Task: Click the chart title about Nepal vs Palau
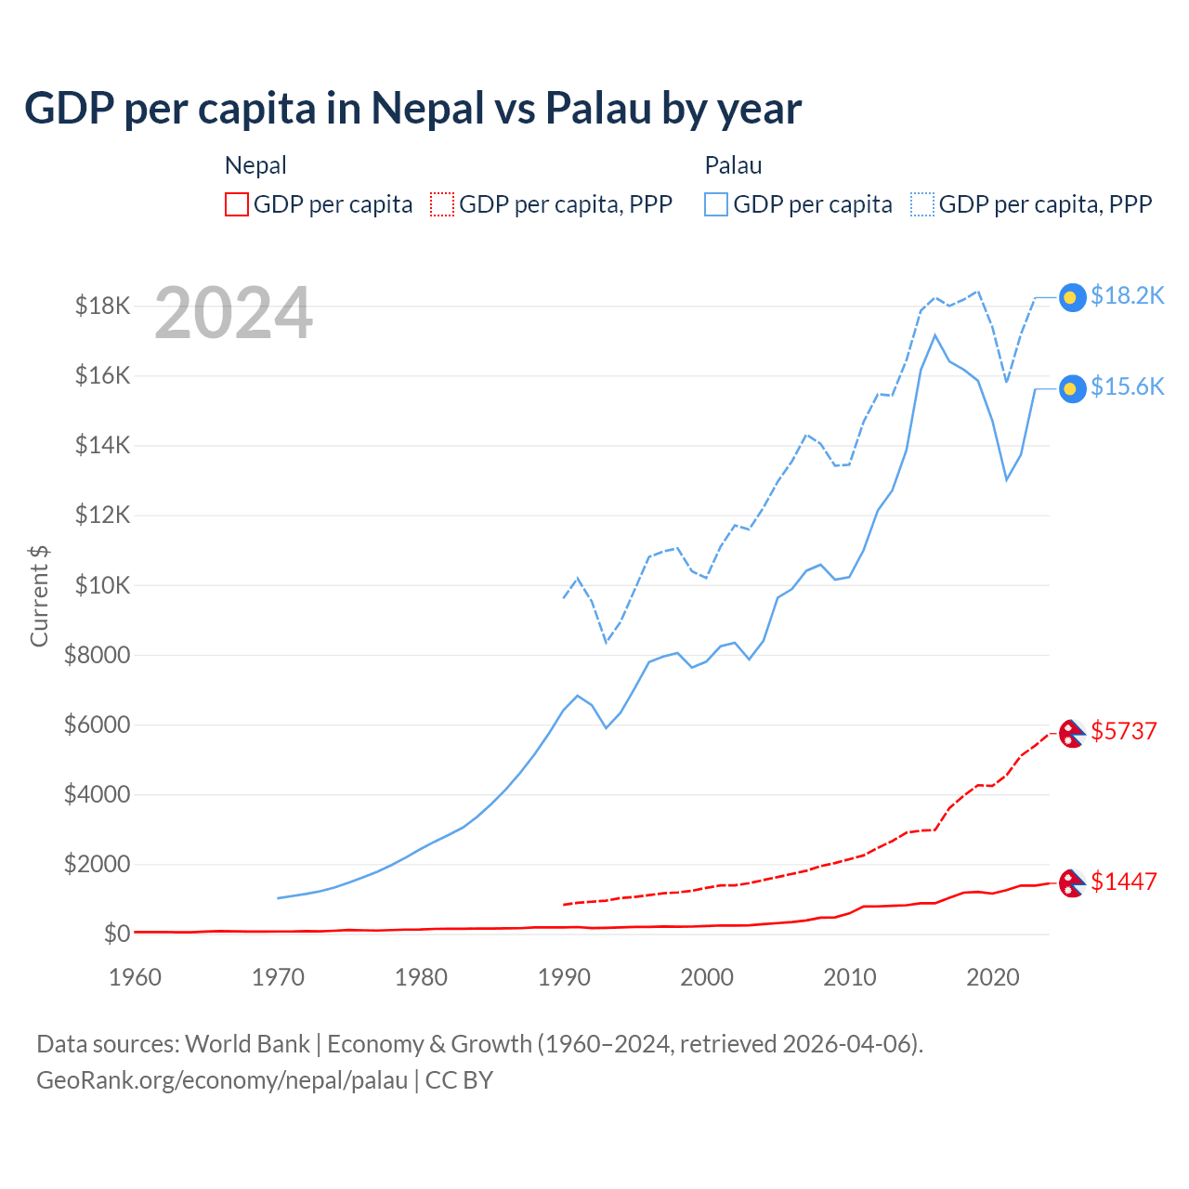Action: point(412,109)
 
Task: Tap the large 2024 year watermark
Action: point(233,313)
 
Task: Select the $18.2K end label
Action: point(1127,295)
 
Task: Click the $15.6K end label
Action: point(1127,386)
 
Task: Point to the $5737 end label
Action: point(1124,731)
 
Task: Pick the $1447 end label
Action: point(1124,882)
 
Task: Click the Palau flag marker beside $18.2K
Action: point(1072,297)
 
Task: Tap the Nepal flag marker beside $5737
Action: point(1072,733)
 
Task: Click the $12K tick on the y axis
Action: point(102,515)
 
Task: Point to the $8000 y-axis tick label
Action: point(97,655)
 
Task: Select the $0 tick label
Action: point(116,934)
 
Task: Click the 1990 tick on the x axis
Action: point(564,977)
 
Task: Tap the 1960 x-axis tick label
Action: point(136,977)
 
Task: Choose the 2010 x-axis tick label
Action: point(850,977)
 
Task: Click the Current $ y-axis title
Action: point(39,595)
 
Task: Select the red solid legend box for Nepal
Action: point(237,204)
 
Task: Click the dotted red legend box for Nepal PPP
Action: point(442,204)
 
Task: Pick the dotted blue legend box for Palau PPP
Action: point(922,204)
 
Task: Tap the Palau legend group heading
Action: point(733,165)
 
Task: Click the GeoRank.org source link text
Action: point(222,1080)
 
